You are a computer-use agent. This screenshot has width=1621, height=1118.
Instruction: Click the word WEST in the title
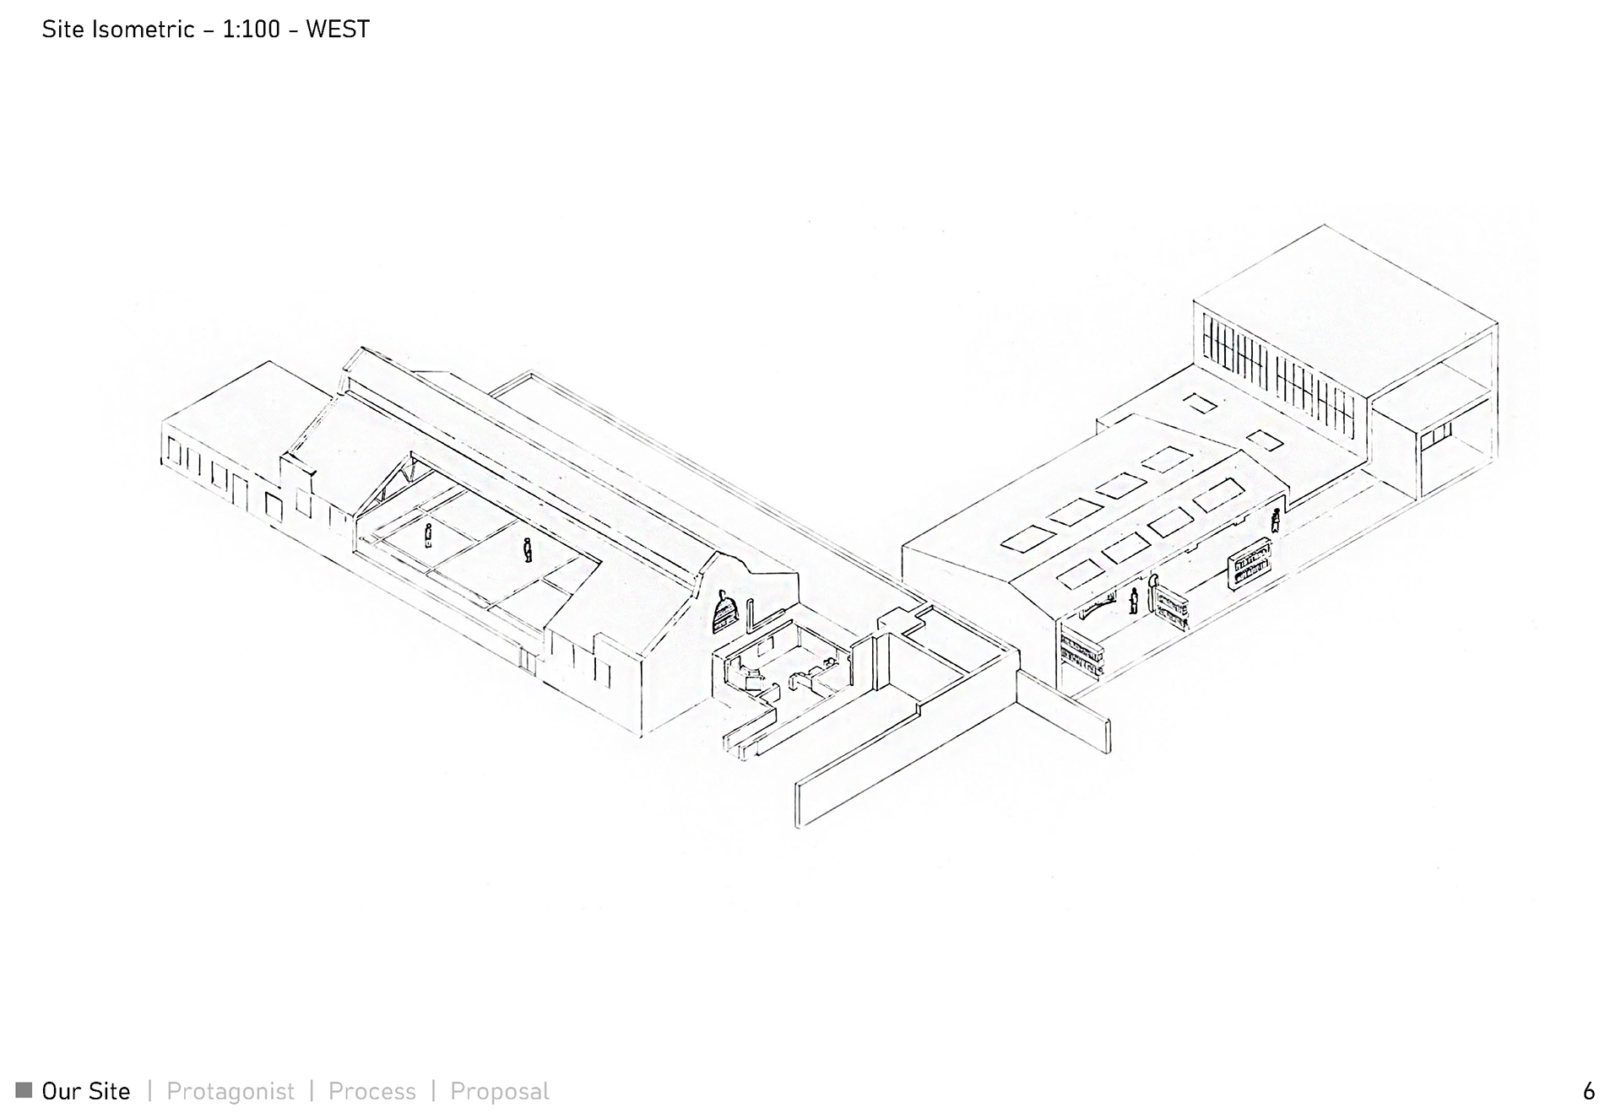337,30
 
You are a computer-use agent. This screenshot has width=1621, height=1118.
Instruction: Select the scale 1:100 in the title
251,30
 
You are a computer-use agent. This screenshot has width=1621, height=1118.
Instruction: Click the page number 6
1588,1091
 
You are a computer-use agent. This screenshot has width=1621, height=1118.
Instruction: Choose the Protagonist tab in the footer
230,1091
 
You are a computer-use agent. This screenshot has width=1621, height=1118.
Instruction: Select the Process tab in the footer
371,1091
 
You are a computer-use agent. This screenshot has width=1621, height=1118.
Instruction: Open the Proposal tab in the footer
499,1091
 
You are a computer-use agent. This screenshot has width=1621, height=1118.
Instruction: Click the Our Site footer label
86,1091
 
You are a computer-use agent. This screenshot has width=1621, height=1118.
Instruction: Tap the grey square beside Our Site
24,1090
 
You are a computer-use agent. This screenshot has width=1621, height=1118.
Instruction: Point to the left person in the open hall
429,535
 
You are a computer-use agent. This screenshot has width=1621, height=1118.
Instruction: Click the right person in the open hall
528,550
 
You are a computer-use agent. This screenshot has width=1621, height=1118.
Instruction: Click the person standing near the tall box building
1276,520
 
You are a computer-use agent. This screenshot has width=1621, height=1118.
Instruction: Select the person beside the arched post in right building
1134,601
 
